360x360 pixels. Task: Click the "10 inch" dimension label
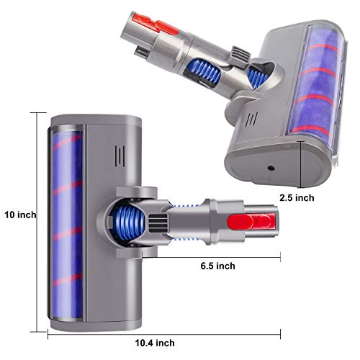(x=20, y=215)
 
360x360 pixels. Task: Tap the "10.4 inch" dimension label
(x=155, y=343)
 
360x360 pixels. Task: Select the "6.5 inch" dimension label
(x=217, y=266)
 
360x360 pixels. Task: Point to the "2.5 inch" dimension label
(x=297, y=198)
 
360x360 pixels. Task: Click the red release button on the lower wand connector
(x=251, y=221)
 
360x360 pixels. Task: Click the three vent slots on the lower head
(x=120, y=156)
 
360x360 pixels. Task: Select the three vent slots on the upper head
(x=251, y=119)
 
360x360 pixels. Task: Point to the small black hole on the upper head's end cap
(x=271, y=168)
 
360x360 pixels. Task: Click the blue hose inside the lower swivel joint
(x=127, y=223)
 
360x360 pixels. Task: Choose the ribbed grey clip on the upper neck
(x=240, y=54)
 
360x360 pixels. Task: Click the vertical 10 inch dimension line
(x=37, y=222)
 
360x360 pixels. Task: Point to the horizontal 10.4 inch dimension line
(x=164, y=334)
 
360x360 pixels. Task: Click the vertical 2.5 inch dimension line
(x=302, y=164)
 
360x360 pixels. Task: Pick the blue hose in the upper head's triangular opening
(x=258, y=78)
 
